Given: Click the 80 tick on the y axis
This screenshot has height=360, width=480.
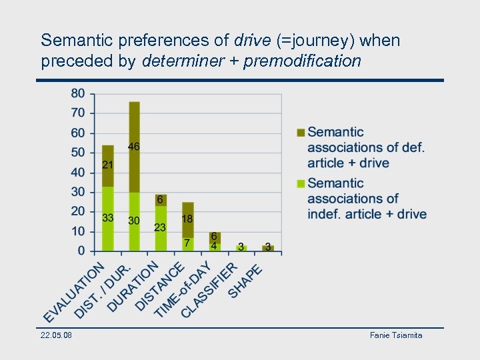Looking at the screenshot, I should coord(78,93).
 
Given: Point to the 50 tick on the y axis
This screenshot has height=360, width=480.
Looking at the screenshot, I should coord(78,153).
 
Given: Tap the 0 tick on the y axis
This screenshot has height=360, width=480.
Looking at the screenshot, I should coord(81,251).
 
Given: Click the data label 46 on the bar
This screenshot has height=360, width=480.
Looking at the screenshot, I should coord(134,147).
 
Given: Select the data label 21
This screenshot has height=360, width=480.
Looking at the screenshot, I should coord(107,165).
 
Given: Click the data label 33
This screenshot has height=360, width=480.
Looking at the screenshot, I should coord(107,217).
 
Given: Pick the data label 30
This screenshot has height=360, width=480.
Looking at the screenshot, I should coord(134,221).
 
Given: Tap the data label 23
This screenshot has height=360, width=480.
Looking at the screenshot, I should coord(160,227).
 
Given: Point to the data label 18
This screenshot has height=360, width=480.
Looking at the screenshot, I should coord(187,219).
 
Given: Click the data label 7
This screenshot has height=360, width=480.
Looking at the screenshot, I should coord(187,242).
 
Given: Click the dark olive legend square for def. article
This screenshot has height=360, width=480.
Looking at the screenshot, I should coord(301,133).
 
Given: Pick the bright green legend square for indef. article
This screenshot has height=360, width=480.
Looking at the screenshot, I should coord(301,183).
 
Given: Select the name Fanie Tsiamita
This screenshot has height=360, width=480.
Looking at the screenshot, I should coord(396,335).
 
